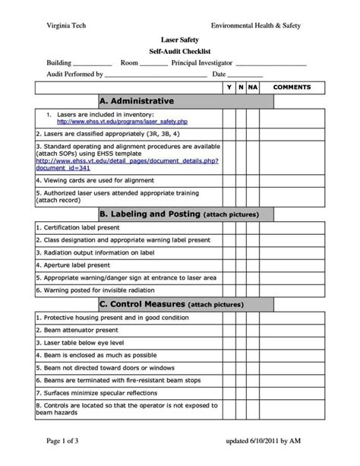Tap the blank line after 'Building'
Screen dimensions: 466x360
(x=93, y=64)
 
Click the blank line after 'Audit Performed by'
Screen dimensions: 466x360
(x=155, y=76)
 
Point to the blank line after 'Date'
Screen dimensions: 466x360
(x=245, y=76)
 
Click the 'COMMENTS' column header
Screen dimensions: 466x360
(x=292, y=87)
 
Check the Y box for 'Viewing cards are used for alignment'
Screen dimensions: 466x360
(x=229, y=180)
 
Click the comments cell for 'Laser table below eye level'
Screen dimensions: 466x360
(x=292, y=344)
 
